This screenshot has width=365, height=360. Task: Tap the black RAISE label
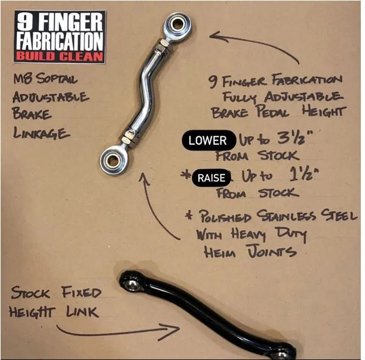(211, 178)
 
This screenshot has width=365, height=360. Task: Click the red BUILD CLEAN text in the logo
(59, 56)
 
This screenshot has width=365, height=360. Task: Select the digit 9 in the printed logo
(25, 22)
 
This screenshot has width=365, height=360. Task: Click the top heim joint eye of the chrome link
(178, 25)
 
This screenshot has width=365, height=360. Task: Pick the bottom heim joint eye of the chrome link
(114, 160)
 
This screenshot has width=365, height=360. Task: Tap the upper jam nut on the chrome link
(161, 47)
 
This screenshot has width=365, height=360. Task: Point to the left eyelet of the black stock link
(131, 282)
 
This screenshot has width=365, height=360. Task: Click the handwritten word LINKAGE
(41, 133)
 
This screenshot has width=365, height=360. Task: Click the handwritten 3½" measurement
(295, 137)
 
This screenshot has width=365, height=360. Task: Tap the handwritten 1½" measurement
(304, 175)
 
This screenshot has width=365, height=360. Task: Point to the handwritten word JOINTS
(272, 251)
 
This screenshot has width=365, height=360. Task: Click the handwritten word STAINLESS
(286, 217)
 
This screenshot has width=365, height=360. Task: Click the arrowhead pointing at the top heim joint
(219, 37)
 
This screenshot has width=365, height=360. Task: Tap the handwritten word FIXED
(82, 292)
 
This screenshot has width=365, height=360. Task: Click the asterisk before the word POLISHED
(189, 215)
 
